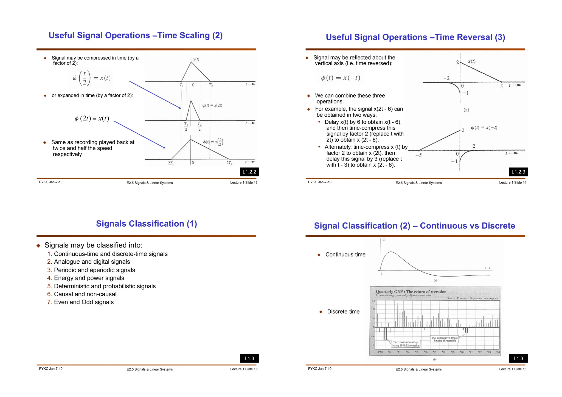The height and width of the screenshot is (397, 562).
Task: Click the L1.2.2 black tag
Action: click(x=249, y=172)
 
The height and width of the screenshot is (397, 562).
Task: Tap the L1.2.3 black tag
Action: click(x=518, y=172)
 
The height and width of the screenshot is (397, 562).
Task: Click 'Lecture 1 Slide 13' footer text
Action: click(x=244, y=183)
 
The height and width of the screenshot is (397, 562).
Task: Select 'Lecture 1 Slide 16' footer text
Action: click(x=513, y=369)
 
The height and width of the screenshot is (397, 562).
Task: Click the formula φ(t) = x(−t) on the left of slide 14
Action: click(x=340, y=78)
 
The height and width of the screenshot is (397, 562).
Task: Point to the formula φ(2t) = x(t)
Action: click(x=92, y=119)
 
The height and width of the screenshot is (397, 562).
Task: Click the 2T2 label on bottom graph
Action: click(x=229, y=163)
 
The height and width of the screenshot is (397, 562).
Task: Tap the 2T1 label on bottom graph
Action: click(x=171, y=163)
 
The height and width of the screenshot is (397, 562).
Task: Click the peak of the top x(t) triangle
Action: click(x=191, y=62)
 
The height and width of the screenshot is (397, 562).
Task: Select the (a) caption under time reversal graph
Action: click(x=466, y=110)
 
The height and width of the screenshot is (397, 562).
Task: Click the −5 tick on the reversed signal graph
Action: click(x=418, y=155)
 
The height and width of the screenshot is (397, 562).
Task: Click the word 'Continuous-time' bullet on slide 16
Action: click(x=345, y=255)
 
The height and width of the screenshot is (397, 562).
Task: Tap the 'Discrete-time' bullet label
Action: click(x=343, y=312)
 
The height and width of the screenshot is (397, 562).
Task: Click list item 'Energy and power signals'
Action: click(x=89, y=278)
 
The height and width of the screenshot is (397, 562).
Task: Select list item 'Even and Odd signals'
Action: click(x=84, y=302)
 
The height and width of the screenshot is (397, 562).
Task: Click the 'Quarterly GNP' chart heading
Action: click(x=411, y=292)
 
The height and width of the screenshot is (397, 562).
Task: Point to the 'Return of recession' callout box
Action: click(x=444, y=339)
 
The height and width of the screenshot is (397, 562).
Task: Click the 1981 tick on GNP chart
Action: click(x=380, y=352)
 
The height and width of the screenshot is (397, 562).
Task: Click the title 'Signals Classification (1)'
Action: click(x=146, y=224)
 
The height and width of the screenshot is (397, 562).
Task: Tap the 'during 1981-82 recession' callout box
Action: click(x=406, y=344)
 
